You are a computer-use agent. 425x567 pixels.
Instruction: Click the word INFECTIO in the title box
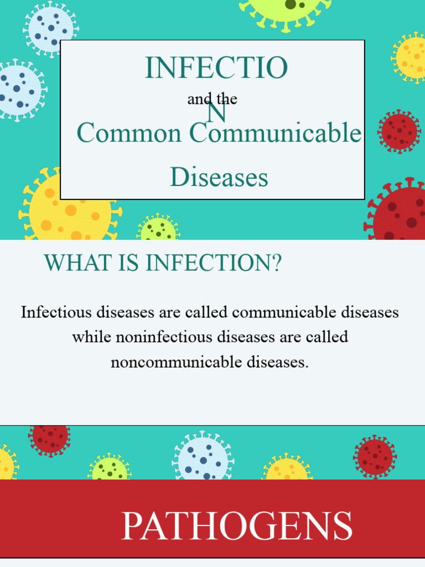[x=216, y=68]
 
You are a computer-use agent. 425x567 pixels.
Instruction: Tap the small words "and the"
[x=212, y=99]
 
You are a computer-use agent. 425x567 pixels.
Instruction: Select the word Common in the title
[x=129, y=133]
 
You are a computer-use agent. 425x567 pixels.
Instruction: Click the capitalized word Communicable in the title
[x=275, y=133]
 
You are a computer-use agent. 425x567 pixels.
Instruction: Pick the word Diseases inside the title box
[x=219, y=177]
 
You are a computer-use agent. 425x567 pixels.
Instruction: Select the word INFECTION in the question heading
[x=208, y=263]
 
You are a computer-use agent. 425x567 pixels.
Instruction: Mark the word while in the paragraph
[x=92, y=337]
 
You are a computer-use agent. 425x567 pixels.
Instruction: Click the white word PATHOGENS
[x=236, y=526]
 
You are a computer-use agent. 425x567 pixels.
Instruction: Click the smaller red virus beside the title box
[x=399, y=131]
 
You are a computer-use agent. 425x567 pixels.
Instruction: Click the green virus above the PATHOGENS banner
[x=109, y=468]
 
